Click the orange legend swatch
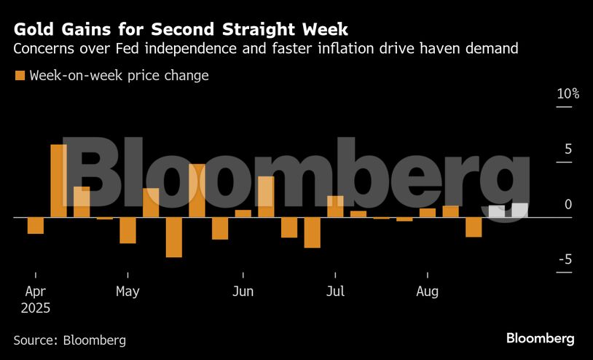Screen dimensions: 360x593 (20, 76)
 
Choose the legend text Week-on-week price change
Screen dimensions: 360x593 (119, 76)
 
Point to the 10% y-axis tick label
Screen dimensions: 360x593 (568, 94)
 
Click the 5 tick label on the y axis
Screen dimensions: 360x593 (568, 149)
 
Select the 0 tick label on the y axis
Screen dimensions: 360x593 (568, 205)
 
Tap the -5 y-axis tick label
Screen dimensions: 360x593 (565, 260)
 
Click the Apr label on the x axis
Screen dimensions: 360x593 (35, 291)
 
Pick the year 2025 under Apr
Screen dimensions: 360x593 (35, 308)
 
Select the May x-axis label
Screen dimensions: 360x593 (127, 291)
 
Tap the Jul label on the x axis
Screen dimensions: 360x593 (335, 291)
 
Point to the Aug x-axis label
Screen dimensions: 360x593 (427, 291)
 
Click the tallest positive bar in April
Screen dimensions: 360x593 (58, 181)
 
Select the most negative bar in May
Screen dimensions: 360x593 (173, 237)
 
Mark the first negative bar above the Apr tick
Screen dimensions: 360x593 (36, 225)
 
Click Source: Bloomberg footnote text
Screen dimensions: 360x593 (70, 340)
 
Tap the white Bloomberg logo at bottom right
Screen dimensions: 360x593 (540, 339)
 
